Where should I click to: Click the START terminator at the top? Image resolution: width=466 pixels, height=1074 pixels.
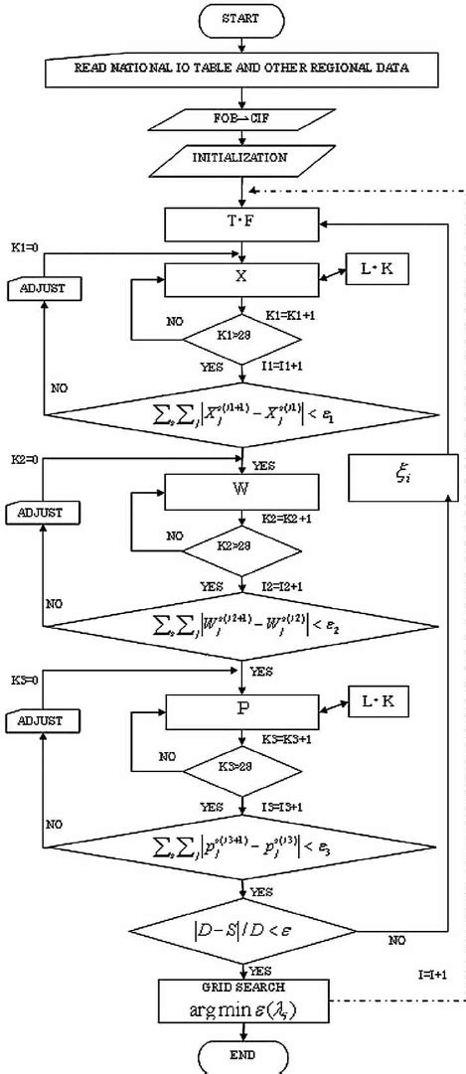[x=241, y=18]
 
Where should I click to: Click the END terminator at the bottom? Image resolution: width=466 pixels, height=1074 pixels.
[x=241, y=1057]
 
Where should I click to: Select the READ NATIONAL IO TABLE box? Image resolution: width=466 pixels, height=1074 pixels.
[x=241, y=69]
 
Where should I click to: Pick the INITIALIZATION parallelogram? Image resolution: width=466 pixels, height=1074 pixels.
[x=241, y=158]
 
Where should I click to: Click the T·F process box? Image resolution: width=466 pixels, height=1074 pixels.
[x=241, y=222]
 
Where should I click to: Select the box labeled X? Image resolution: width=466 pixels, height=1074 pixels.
[x=241, y=279]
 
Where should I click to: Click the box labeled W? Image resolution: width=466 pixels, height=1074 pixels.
[x=241, y=490]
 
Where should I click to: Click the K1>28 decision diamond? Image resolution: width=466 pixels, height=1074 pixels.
[x=242, y=337]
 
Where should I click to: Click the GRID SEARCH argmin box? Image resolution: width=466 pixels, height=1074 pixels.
[x=241, y=1001]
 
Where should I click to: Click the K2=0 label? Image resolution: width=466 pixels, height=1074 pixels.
[x=25, y=461]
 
